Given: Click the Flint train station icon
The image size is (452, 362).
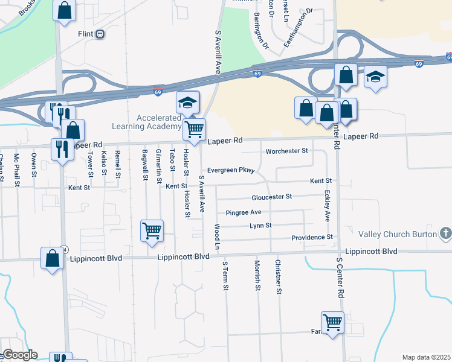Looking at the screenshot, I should pos(100,34).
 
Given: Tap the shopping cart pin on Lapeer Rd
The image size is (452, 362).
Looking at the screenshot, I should pos(195,129).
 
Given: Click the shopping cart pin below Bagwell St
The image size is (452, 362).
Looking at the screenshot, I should pos(152,230).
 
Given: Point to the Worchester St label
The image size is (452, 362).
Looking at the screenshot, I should pos(287,150).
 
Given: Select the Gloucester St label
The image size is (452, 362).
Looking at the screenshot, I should pos(272,197).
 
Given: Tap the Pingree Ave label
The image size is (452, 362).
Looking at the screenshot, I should pos(243,212).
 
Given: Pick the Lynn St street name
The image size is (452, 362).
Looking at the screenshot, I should pos(261,225).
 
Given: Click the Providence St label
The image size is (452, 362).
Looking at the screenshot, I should pos(312,237).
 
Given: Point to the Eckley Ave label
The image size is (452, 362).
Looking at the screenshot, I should pos(327,206).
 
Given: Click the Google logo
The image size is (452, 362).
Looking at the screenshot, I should pos(19,355).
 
